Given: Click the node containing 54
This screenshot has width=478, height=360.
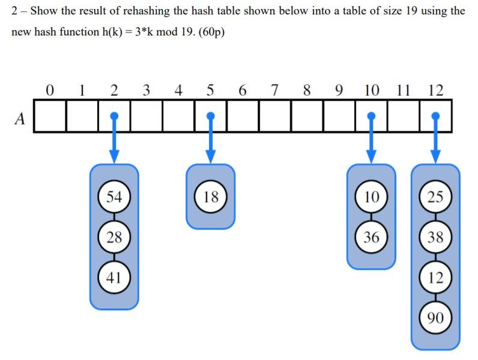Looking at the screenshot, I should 114,197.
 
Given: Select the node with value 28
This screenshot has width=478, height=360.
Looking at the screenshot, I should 114,236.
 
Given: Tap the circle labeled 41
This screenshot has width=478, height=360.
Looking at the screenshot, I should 114,277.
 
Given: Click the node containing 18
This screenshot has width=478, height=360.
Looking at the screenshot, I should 211,197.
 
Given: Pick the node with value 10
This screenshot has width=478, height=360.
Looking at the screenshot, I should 372,197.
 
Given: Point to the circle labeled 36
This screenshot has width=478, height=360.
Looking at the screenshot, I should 372,236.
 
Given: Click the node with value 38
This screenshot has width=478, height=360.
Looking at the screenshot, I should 436,236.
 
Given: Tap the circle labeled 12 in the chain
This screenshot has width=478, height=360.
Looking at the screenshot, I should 436,277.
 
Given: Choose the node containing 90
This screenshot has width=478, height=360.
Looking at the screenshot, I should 436,317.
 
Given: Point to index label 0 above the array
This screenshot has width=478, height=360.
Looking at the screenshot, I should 50,91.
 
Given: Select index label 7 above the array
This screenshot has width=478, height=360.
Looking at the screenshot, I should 274,91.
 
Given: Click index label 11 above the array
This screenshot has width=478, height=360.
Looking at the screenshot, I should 404,91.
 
